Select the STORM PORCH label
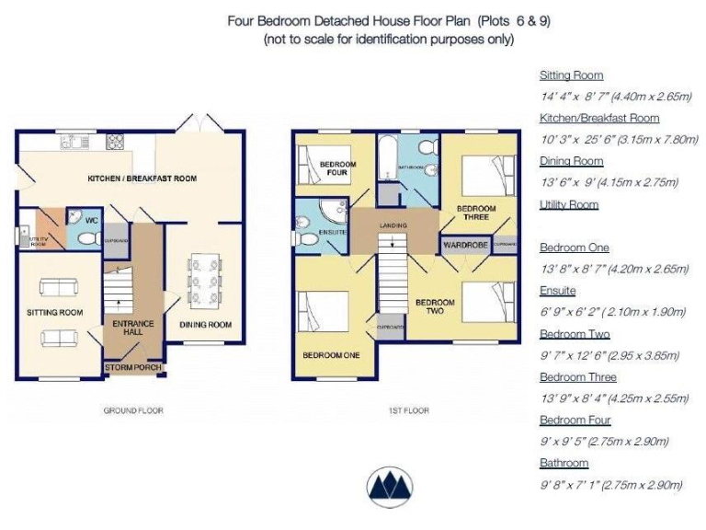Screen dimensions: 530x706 [x=134, y=368]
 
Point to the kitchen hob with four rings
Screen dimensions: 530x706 [x=116, y=142]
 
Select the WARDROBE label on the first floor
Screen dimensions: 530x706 [x=464, y=246]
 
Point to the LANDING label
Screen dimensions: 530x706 [x=393, y=224]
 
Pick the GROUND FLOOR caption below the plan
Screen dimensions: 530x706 [x=132, y=410]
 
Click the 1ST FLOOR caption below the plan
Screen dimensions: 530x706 [x=408, y=410]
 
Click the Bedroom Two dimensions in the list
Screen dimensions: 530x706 [x=609, y=355]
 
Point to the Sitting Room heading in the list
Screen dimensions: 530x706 [x=571, y=75]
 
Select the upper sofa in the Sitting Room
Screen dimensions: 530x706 [x=57, y=287]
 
